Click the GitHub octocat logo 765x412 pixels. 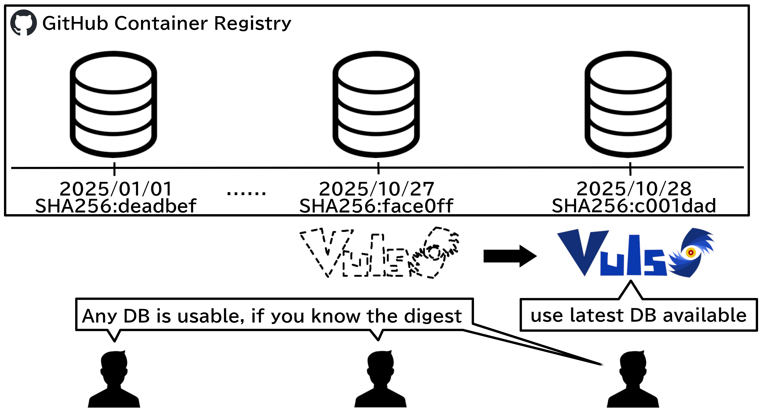(23, 23)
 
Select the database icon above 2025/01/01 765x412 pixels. (113, 104)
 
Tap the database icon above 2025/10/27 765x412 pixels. (376, 104)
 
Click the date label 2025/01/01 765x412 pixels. (116, 189)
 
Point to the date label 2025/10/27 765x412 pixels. (377, 189)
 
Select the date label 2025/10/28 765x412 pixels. (634, 189)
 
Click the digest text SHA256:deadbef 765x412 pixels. (116, 206)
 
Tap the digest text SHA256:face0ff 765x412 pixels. (376, 206)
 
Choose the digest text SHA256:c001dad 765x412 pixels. (634, 206)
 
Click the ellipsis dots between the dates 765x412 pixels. (246, 193)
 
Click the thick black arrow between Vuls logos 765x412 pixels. (510, 256)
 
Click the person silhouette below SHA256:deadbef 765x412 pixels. (114, 379)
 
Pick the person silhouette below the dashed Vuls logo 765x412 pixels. (380, 379)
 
